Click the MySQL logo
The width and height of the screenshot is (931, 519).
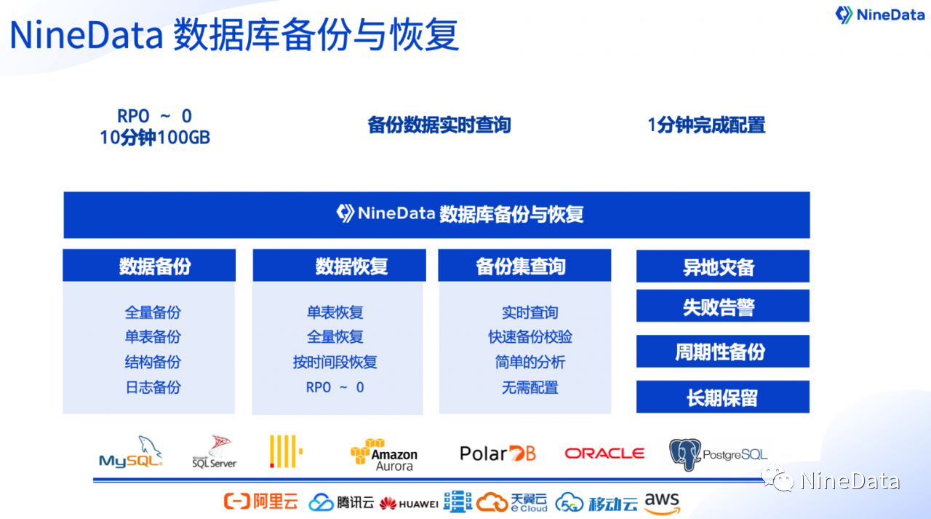click(130, 453)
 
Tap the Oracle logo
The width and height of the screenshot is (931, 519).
click(604, 453)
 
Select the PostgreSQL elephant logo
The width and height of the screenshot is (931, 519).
click(718, 454)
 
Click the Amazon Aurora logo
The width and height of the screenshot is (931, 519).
click(383, 455)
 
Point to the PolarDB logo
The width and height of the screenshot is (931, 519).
click(498, 453)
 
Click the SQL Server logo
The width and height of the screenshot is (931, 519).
click(215, 451)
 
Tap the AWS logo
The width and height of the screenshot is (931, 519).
click(662, 503)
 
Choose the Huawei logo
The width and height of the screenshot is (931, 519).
click(409, 504)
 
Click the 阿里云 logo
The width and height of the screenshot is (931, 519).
click(261, 501)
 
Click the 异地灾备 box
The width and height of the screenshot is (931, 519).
click(723, 266)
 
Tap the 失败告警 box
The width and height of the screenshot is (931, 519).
click(723, 306)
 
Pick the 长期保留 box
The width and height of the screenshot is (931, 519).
click(723, 397)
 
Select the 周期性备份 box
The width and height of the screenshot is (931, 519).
click(723, 351)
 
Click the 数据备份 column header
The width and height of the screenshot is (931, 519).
click(149, 265)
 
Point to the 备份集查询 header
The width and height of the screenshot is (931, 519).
click(524, 265)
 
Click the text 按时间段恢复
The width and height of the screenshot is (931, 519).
click(335, 362)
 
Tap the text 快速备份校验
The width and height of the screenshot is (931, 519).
click(530, 337)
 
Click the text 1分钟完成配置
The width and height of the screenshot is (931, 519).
click(706, 125)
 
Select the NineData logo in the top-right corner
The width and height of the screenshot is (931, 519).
click(879, 15)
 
